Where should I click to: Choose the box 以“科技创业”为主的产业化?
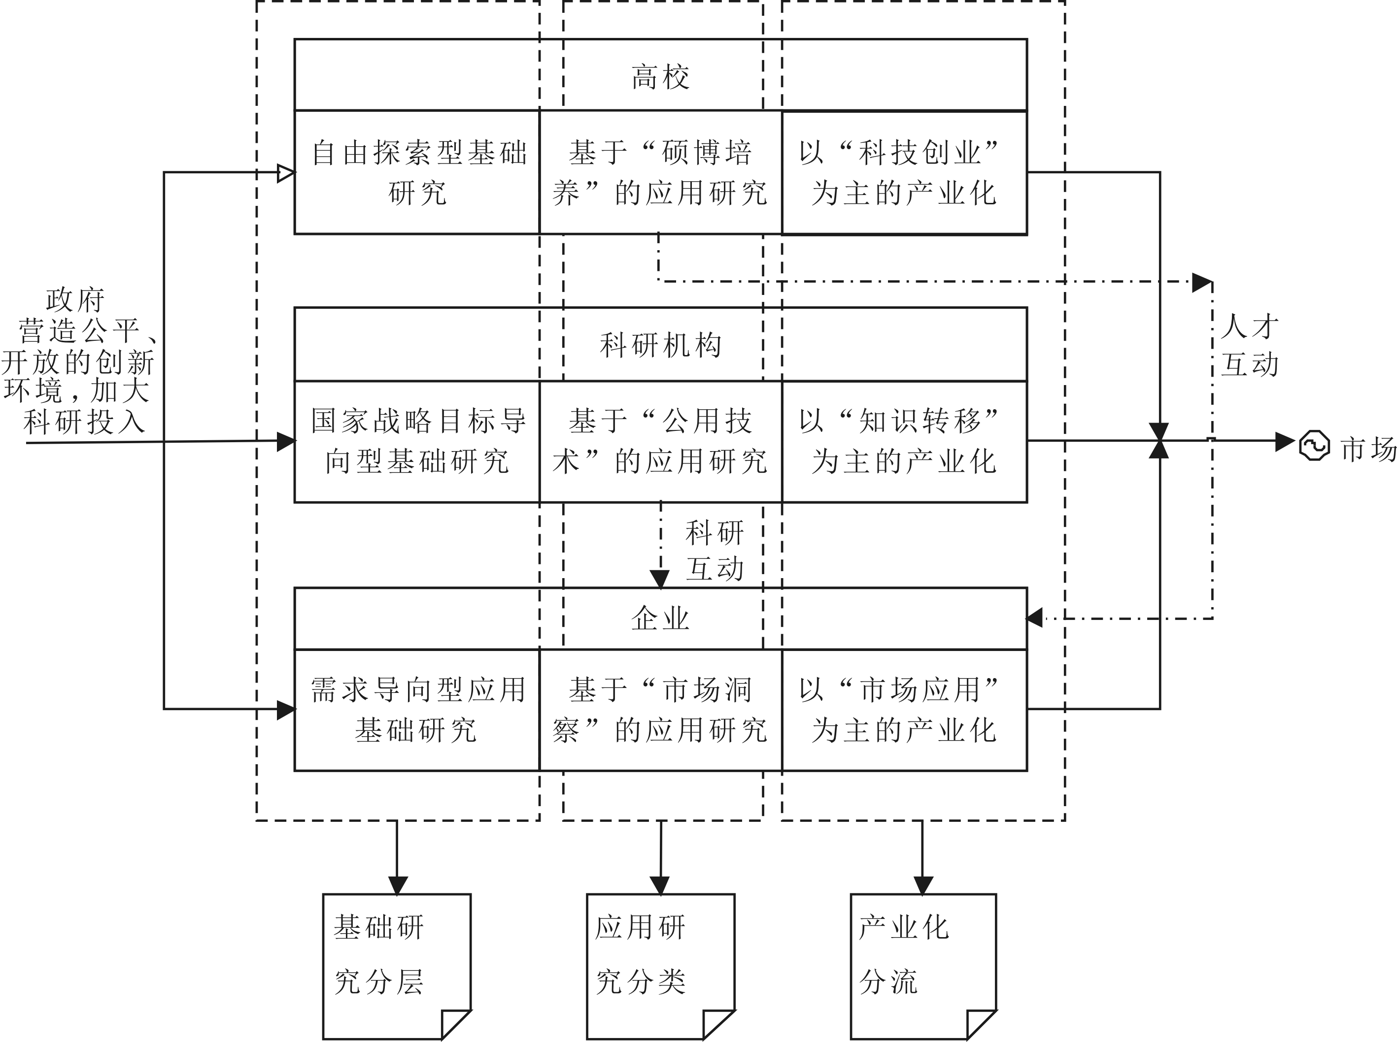(904, 172)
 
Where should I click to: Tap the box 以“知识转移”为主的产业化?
(904, 441)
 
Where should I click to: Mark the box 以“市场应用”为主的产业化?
(904, 710)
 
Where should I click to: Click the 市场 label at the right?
(1368, 449)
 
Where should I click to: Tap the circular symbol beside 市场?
(1314, 446)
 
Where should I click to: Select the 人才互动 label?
(1249, 346)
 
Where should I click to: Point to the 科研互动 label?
(715, 550)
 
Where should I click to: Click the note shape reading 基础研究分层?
(396, 965)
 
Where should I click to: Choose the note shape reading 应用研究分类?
(660, 965)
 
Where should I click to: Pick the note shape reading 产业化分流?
(922, 965)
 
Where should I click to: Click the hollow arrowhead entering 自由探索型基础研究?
(286, 173)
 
